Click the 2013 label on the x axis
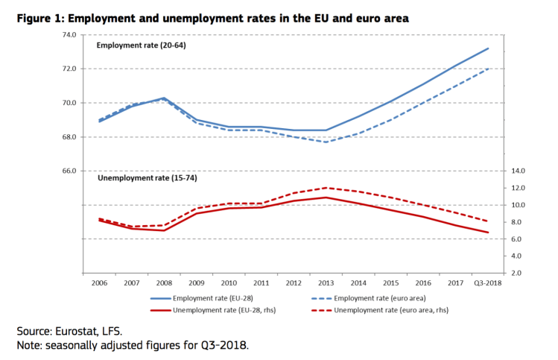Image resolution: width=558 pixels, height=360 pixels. pyautogui.click(x=326, y=284)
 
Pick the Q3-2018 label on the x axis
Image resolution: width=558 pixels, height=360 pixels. pyautogui.click(x=488, y=284)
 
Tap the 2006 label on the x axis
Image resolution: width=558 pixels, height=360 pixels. pyautogui.click(x=99, y=284)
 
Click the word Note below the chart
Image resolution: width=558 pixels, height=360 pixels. pyautogui.click(x=31, y=346)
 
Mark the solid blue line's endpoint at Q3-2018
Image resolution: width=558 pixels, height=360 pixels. pyautogui.click(x=489, y=48)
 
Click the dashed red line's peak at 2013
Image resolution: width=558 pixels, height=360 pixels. pyautogui.click(x=326, y=188)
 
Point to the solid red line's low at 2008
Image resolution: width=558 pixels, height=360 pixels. pyautogui.click(x=164, y=230)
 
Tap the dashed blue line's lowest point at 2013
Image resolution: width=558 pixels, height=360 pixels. pyautogui.click(x=326, y=142)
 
